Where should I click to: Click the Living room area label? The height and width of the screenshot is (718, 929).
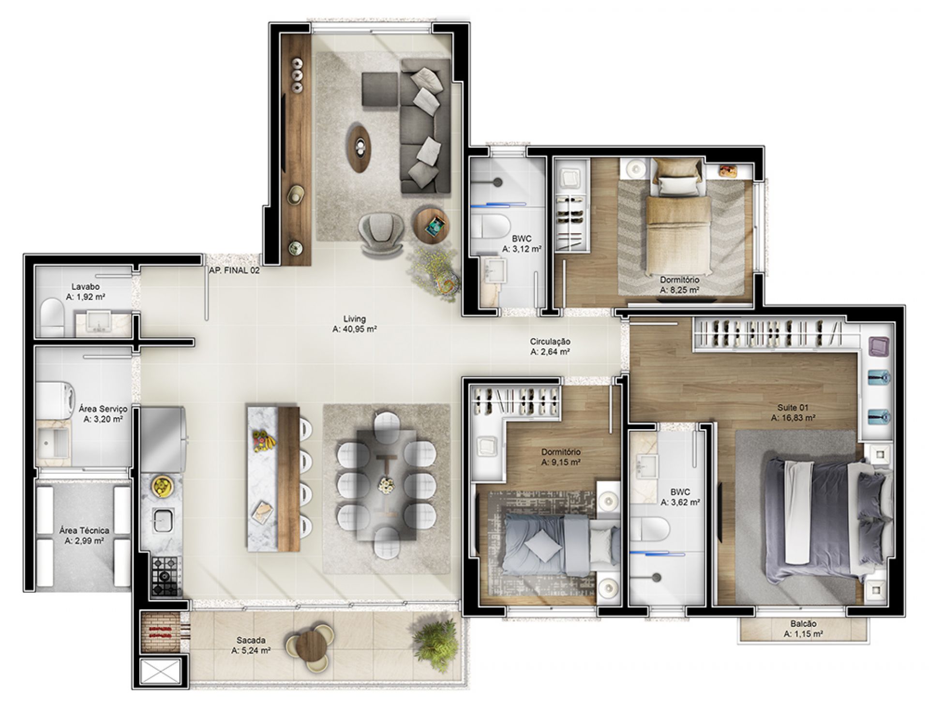click(x=354, y=324)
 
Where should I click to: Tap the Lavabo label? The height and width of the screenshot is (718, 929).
click(x=86, y=292)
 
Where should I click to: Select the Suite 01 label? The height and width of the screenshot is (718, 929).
click(x=793, y=413)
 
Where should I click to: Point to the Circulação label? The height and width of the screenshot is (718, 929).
click(x=550, y=347)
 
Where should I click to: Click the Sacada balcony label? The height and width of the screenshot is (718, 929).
click(x=251, y=645)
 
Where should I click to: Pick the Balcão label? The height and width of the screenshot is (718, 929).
click(x=803, y=629)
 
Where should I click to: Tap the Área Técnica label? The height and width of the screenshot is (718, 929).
click(x=84, y=536)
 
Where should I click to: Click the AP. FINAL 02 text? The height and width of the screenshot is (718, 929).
click(x=234, y=270)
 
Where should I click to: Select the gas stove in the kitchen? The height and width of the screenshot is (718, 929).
click(x=165, y=576)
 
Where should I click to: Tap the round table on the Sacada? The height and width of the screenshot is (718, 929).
click(x=310, y=647)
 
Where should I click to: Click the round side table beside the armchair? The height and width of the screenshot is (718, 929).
click(x=431, y=225)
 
